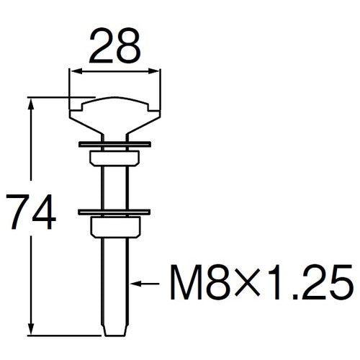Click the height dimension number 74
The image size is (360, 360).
[28, 212]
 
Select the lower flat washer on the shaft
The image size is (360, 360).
[114, 212]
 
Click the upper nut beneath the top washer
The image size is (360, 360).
[114, 159]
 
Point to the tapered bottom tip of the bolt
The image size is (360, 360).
[114, 328]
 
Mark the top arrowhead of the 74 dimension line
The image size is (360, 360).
[32, 100]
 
